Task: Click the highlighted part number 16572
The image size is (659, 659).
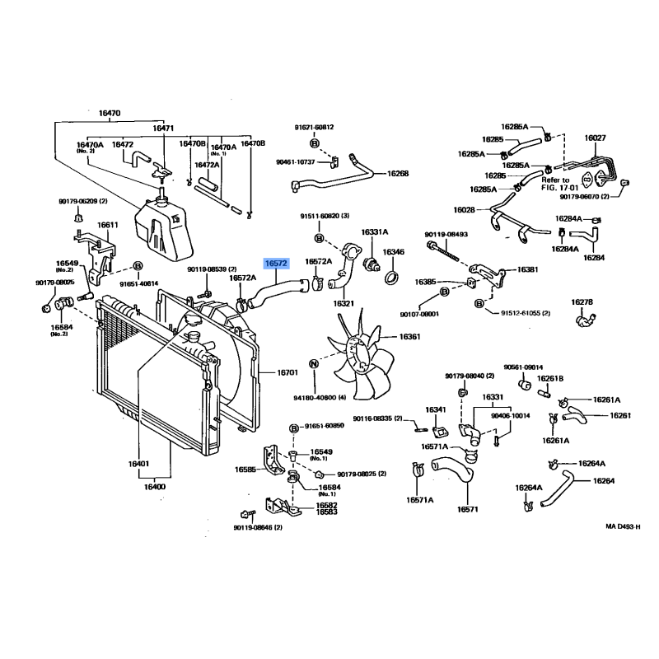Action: point(275,264)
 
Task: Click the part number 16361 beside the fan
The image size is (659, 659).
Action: point(409,336)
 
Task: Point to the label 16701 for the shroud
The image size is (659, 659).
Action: point(287,373)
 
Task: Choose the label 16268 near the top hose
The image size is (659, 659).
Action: point(398,174)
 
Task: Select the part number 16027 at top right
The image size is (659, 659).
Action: point(595,138)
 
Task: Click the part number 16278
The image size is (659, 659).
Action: point(582,302)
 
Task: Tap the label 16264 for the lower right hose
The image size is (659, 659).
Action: point(604,480)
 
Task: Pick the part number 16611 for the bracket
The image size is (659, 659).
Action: point(108,225)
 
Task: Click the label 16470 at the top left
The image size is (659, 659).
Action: point(110,113)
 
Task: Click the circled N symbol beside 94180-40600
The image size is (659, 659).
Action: point(313,363)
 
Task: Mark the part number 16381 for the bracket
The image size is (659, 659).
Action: point(528,269)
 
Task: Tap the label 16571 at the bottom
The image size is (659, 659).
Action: point(468,509)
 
